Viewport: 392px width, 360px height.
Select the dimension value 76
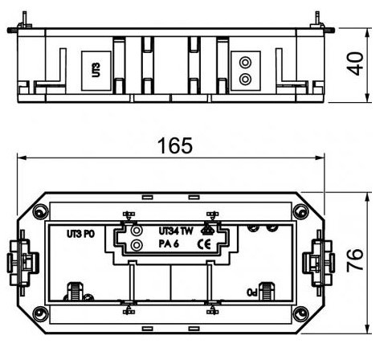(x=358, y=260)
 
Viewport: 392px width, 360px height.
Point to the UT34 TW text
(x=174, y=231)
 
